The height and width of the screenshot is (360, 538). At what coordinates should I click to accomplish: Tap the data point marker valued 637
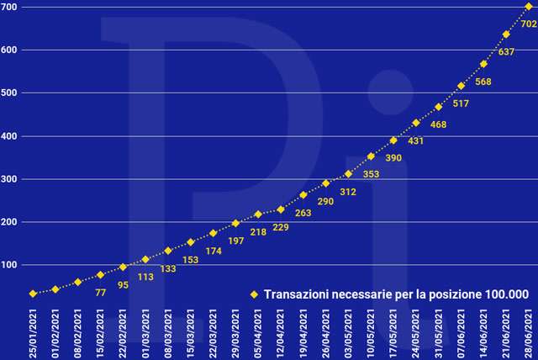tap(506, 34)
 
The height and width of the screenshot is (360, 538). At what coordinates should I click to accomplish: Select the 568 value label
tap(483, 82)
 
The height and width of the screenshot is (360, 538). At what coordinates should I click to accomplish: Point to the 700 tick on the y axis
tap(10, 7)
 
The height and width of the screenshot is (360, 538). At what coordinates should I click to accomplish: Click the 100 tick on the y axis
tap(10, 265)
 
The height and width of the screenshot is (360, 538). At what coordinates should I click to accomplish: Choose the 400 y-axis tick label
tap(10, 136)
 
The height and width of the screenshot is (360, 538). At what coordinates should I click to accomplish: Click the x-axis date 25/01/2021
tap(33, 331)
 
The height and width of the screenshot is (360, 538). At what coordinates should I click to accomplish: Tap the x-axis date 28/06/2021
tap(529, 331)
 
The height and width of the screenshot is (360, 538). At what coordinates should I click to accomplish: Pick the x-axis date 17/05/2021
tap(393, 331)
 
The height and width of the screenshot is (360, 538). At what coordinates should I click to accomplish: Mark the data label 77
tap(100, 294)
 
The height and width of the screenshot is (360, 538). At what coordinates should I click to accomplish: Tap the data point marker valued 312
tap(348, 174)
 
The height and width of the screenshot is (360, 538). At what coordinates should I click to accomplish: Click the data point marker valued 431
tap(416, 123)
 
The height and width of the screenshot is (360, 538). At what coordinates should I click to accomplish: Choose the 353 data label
tap(371, 174)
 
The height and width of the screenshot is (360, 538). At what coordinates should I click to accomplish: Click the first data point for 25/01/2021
tap(33, 294)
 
